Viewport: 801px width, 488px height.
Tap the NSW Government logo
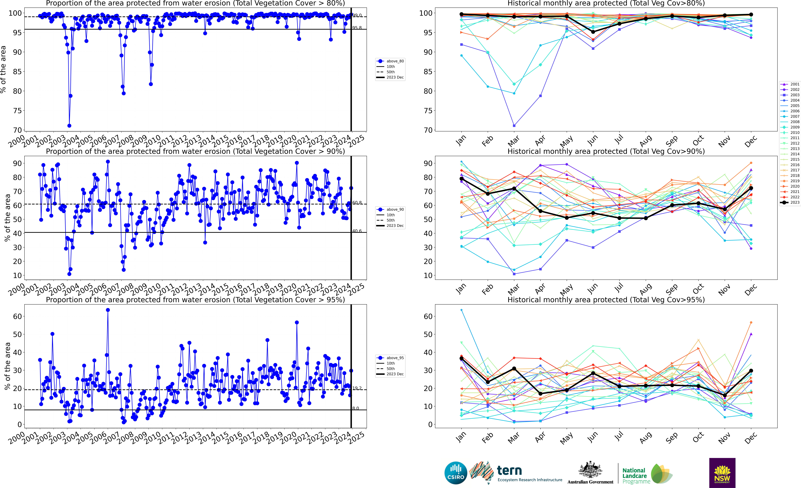(x=722, y=473)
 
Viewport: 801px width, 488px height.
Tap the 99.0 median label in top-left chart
(x=357, y=15)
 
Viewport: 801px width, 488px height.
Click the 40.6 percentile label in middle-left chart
(x=357, y=231)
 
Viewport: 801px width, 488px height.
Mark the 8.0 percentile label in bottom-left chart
(x=356, y=408)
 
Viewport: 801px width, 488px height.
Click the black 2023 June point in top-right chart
(x=593, y=32)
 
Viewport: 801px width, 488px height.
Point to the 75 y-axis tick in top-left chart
(x=17, y=111)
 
